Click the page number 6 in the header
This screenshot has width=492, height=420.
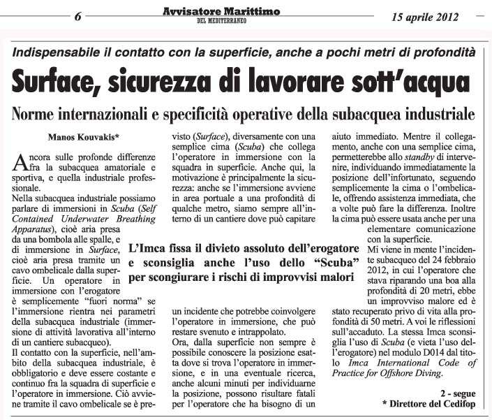coord(78,17)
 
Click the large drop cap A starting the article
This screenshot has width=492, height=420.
coord(20,164)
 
